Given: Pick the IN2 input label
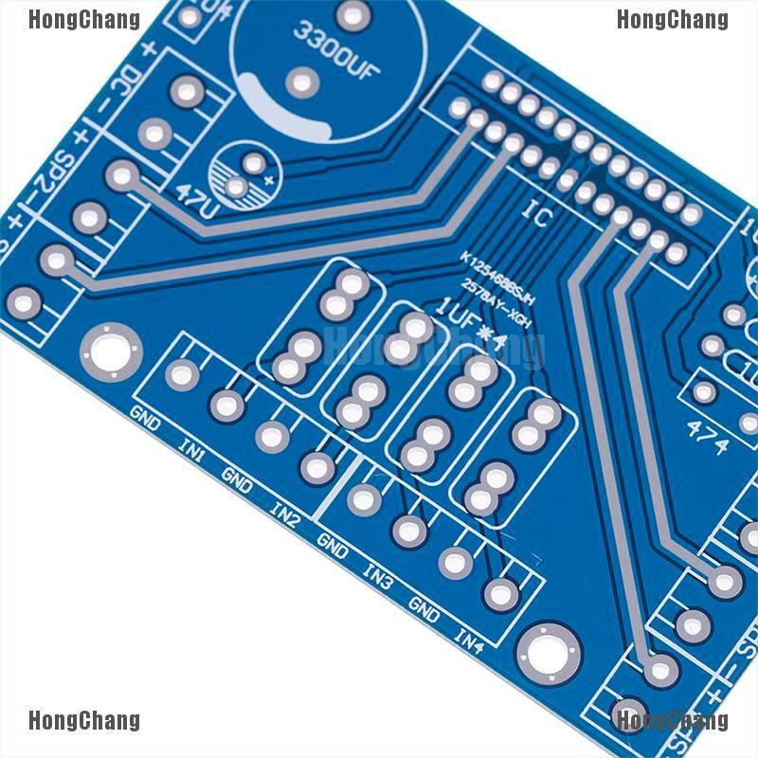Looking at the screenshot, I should (284, 513).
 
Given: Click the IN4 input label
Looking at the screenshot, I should (469, 641).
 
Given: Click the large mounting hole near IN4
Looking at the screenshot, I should (549, 654).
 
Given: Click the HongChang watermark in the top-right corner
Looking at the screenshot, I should (672, 19).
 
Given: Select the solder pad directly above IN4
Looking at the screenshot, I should (500, 594).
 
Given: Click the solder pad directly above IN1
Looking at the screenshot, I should (226, 406).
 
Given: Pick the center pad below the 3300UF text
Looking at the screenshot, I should (302, 82).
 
